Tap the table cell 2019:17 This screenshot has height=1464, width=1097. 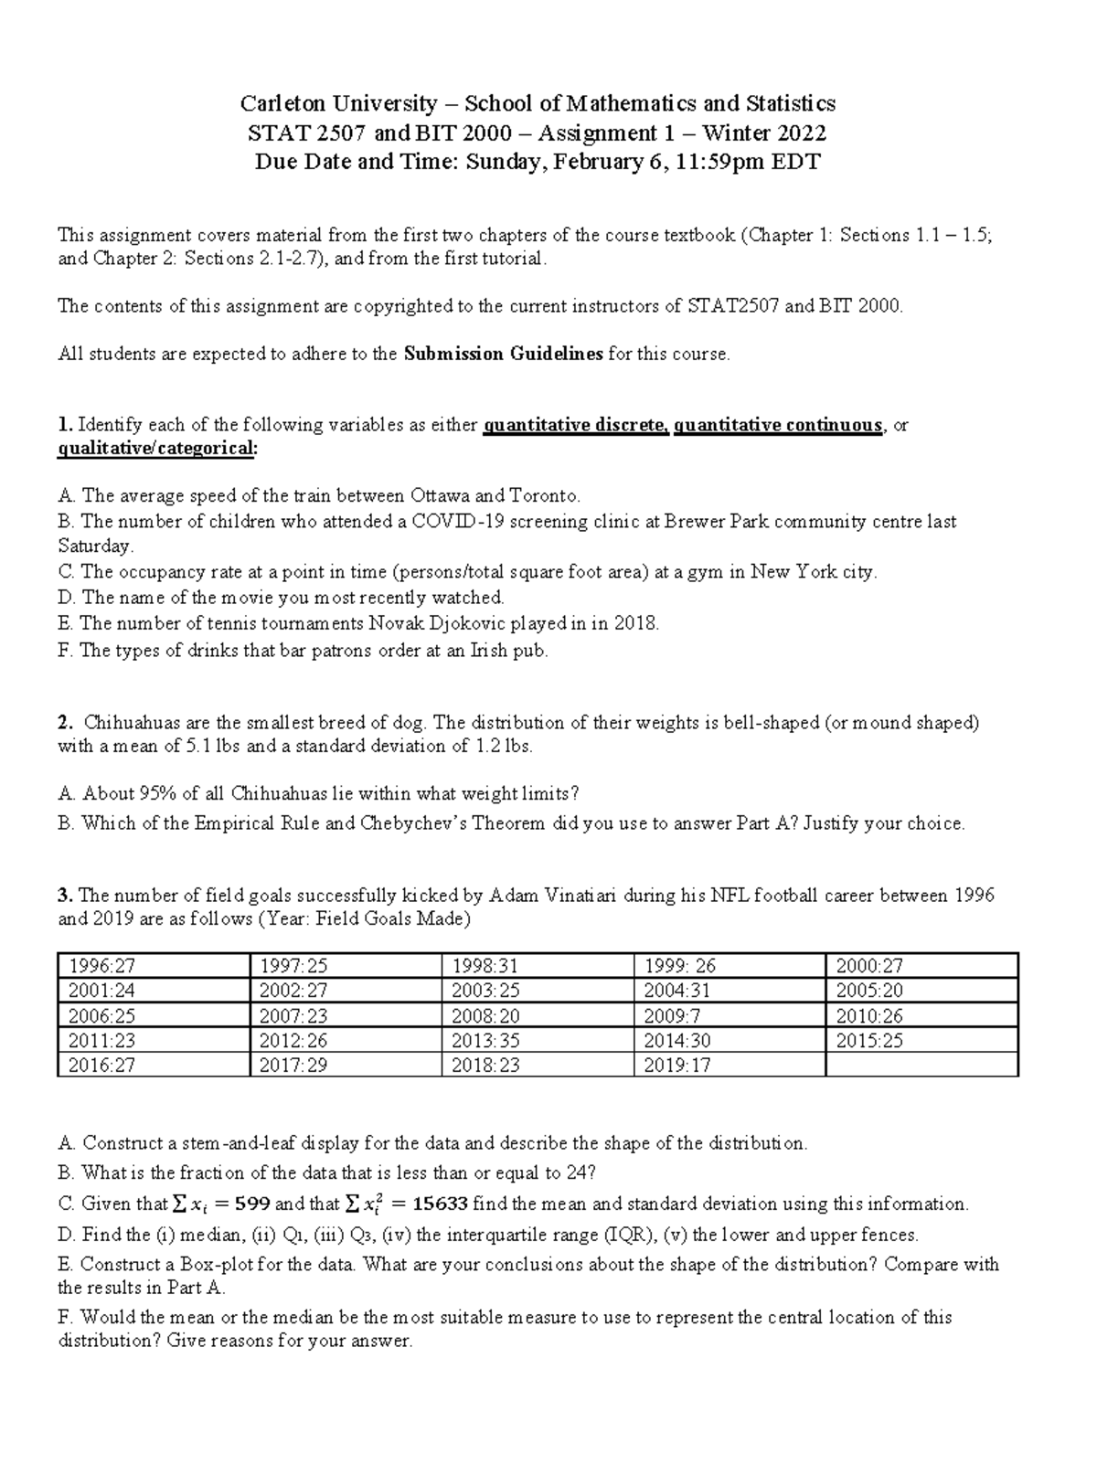click(676, 1065)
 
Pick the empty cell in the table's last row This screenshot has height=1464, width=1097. click(921, 1065)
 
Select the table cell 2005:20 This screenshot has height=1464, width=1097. click(865, 991)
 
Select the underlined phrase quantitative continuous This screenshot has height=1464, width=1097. click(778, 425)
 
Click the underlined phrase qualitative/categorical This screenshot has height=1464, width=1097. click(156, 449)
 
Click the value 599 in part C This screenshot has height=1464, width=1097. click(250, 1204)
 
